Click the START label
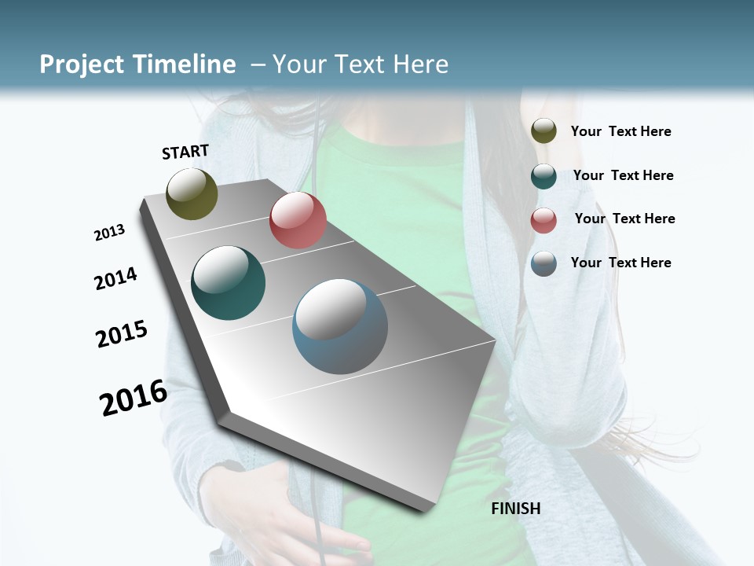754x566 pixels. [x=185, y=152]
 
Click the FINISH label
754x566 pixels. [x=516, y=509]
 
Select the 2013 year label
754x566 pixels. [x=110, y=233]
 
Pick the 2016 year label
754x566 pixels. [x=134, y=397]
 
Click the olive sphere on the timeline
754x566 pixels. [x=192, y=193]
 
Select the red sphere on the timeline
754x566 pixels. [x=298, y=220]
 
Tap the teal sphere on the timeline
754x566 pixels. [x=229, y=283]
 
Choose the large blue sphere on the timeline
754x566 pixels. [x=340, y=326]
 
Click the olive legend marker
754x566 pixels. [x=544, y=131]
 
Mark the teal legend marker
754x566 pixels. [x=544, y=176]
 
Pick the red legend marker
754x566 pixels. [x=544, y=220]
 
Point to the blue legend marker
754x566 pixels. [x=544, y=263]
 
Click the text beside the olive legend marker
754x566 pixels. [x=621, y=132]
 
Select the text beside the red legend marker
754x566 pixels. [x=625, y=219]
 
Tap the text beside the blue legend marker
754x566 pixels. [x=621, y=263]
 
